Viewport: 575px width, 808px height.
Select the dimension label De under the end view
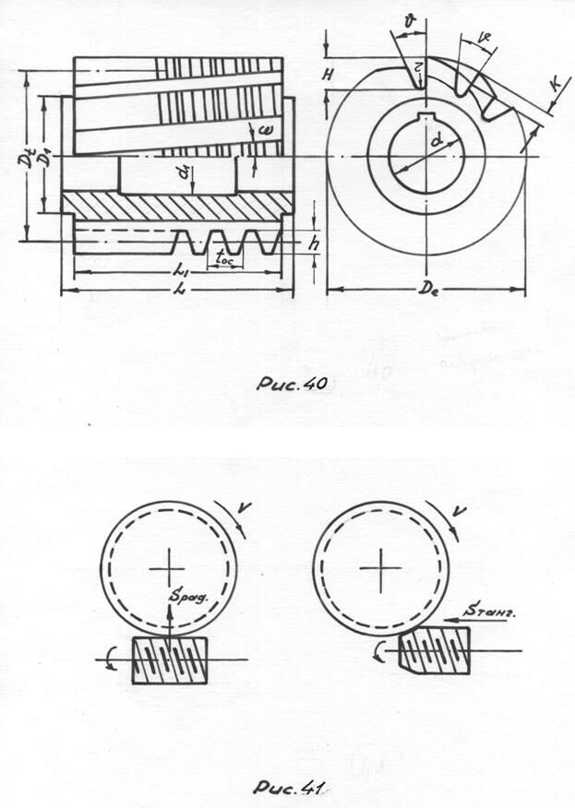425,278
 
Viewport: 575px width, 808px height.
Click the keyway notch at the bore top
426,117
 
